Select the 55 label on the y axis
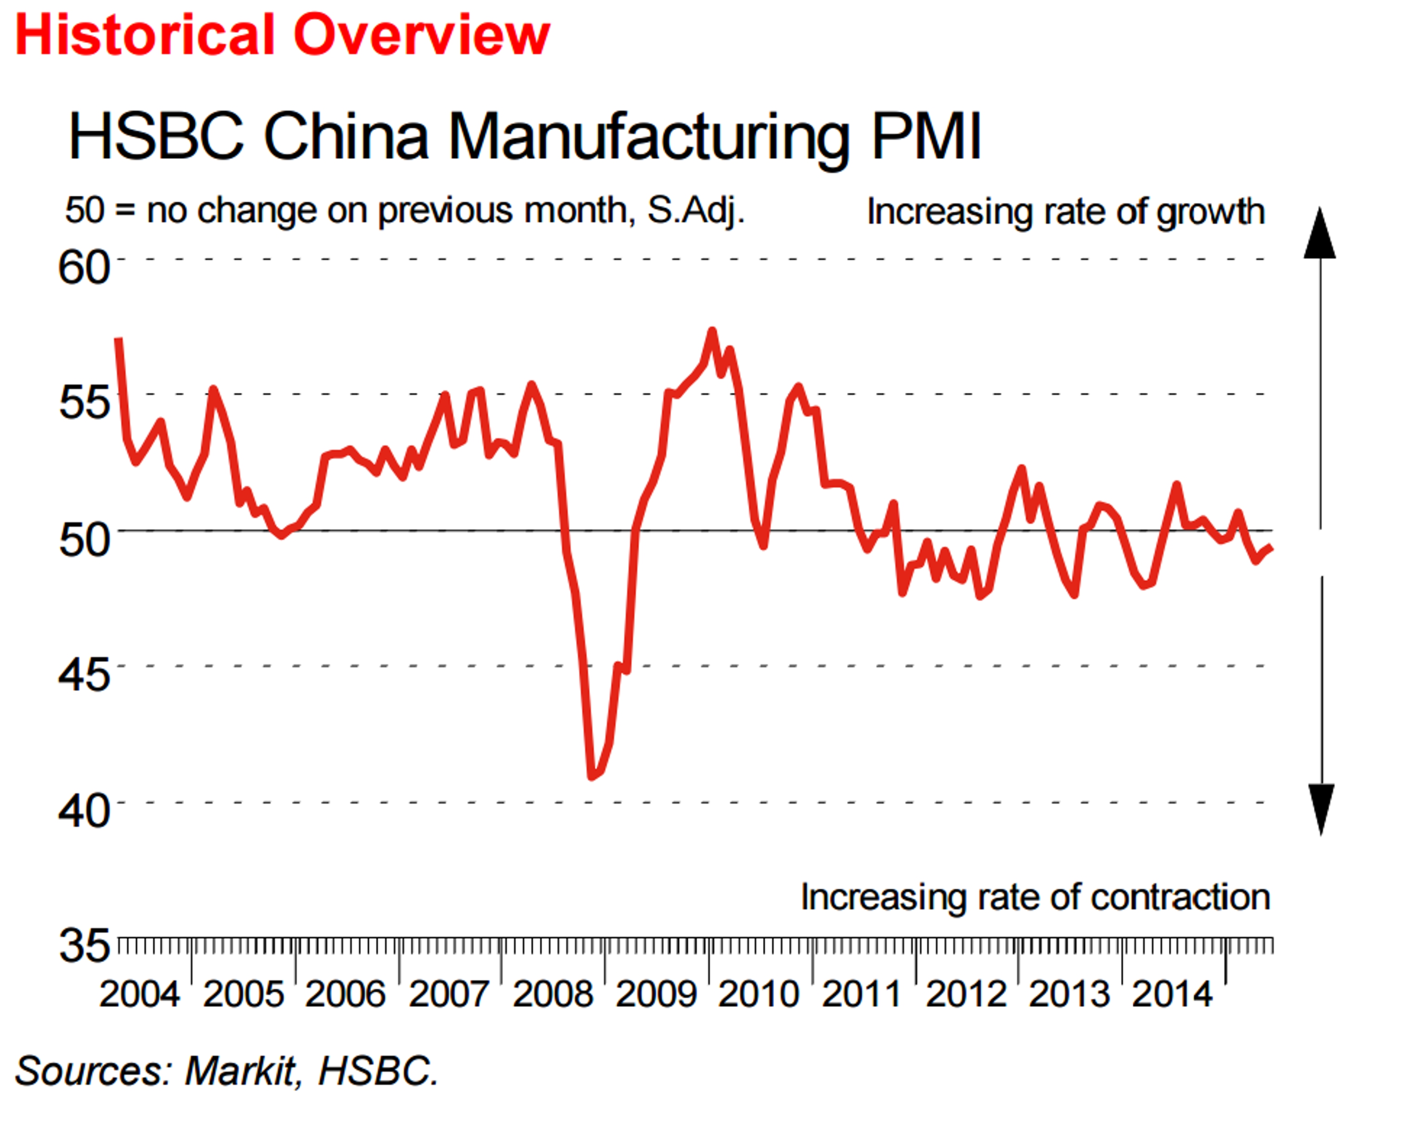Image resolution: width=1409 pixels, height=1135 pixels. pyautogui.click(x=83, y=402)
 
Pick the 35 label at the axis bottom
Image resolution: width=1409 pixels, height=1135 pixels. pyautogui.click(x=83, y=945)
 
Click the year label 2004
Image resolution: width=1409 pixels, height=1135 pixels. pyautogui.click(x=139, y=994)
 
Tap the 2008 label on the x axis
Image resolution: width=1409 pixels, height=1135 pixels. pyautogui.click(x=552, y=994)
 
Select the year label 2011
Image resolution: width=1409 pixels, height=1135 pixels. pyautogui.click(x=862, y=994)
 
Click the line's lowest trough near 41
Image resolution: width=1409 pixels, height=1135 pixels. pyautogui.click(x=592, y=776)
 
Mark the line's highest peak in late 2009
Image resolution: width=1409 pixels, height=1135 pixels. pyautogui.click(x=712, y=332)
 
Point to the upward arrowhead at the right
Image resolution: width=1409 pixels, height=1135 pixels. pyautogui.click(x=1319, y=234)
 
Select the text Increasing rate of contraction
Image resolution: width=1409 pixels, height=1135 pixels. pyautogui.click(x=1035, y=897)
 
